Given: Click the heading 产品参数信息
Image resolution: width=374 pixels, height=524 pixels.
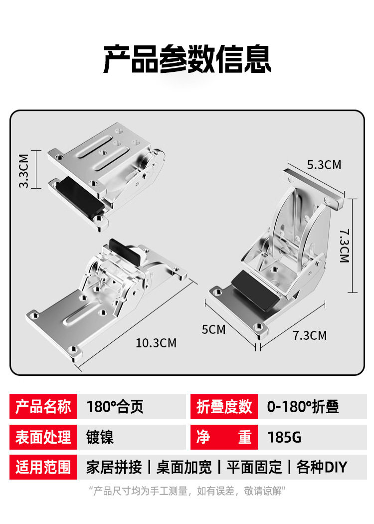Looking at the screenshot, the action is click(187, 59).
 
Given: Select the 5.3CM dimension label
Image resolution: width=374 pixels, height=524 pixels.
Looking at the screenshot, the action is click(324, 165).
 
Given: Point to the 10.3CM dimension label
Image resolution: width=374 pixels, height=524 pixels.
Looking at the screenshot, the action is click(156, 343).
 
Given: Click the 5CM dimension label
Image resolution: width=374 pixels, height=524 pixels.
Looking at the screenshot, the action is click(213, 329).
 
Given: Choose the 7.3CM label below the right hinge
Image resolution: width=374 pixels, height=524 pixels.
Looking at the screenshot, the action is click(310, 335).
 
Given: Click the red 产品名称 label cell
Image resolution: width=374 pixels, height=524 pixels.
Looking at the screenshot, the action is click(43, 407).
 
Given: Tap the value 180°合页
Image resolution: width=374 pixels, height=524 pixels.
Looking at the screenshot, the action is click(115, 407).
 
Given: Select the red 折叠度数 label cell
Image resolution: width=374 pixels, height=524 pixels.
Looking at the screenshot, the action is click(224, 407).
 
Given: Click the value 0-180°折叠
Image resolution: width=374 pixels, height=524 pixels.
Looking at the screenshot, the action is click(303, 407).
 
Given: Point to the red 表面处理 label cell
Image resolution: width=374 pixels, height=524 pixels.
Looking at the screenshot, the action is click(43, 437).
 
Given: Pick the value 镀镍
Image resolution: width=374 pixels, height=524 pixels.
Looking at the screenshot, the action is click(100, 437).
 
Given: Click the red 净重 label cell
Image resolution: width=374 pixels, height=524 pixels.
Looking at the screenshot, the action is click(224, 437).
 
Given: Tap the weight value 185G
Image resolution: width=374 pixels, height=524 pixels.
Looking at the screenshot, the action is click(284, 437).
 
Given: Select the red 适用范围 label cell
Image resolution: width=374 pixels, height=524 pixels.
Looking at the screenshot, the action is click(43, 467).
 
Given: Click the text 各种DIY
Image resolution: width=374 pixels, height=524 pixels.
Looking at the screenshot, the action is click(322, 467).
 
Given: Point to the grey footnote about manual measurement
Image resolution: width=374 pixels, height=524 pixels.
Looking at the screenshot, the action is click(187, 492).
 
